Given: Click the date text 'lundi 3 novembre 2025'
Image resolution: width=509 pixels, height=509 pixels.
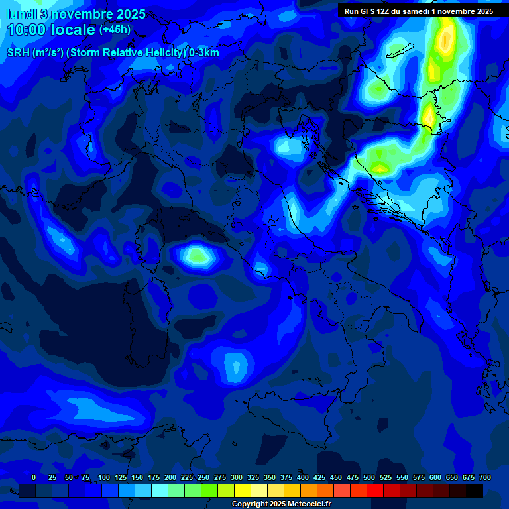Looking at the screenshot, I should click(76, 14).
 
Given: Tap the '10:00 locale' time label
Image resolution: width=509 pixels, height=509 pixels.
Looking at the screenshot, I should click(51, 30).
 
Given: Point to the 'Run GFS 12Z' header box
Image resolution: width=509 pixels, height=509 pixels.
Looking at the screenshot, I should click(418, 11).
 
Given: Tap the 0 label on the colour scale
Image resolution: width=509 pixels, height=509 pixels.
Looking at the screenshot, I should click(34, 477).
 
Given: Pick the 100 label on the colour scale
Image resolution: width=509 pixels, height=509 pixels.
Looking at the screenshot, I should click(104, 477).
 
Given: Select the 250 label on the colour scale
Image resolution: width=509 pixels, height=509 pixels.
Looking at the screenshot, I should click(203, 477).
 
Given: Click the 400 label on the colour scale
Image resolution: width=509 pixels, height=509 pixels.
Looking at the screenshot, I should click(303, 477).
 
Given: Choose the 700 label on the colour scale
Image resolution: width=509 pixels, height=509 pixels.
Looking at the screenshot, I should click(485, 477).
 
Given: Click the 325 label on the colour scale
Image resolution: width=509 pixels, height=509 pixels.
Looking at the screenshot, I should click(253, 477).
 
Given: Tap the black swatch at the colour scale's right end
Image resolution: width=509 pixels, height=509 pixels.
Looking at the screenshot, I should click(475, 491).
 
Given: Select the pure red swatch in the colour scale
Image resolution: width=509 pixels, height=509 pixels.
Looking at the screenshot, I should click(375, 491).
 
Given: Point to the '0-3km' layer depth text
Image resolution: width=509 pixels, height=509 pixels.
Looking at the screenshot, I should click(204, 53).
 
